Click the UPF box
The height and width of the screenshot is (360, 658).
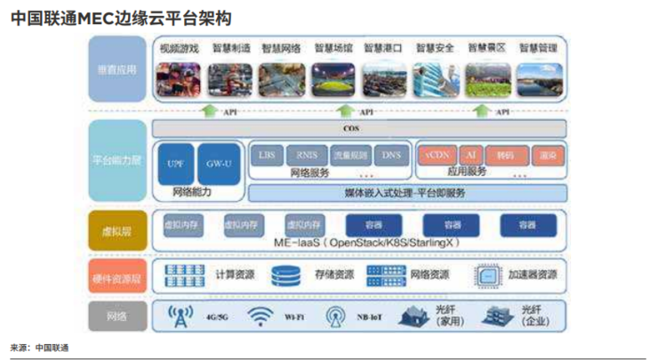pyautogui.click(x=175, y=164)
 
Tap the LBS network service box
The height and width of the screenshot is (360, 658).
pyautogui.click(x=266, y=155)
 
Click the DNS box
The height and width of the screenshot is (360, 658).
pyautogui.click(x=391, y=155)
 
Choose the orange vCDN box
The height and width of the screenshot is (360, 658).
pyautogui.click(x=436, y=155)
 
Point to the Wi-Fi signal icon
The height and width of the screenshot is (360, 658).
pyautogui.click(x=259, y=316)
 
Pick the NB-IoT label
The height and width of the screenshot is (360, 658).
pyautogui.click(x=369, y=316)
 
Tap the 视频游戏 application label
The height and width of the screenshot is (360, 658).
pyautogui.click(x=180, y=48)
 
